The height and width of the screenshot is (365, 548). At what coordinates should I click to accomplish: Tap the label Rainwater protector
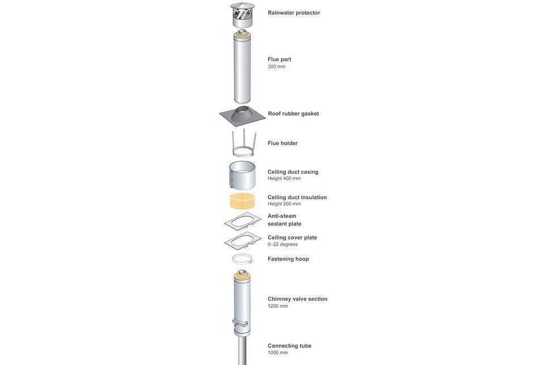click(294, 13)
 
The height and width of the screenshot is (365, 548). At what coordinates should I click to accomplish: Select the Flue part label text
click(279, 59)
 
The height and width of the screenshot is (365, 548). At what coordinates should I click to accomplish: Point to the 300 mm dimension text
click(277, 66)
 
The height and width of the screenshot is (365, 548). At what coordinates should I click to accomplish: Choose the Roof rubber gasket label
click(293, 113)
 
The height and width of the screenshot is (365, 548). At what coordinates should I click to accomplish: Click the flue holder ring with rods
click(244, 152)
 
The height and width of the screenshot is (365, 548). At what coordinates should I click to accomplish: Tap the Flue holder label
click(283, 143)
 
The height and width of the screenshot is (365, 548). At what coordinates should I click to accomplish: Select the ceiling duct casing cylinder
click(242, 175)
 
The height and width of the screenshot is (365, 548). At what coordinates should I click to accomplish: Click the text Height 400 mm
click(284, 179)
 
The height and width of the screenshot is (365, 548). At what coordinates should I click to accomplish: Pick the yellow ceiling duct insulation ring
click(244, 201)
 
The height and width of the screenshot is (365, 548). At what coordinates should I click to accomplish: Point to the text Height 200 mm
click(284, 204)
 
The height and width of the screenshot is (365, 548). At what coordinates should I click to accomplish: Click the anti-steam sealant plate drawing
click(243, 222)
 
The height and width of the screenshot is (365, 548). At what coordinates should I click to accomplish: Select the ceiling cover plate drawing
click(243, 241)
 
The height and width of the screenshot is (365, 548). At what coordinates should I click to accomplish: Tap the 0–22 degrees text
click(283, 244)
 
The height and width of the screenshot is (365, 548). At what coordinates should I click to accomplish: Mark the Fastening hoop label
click(288, 259)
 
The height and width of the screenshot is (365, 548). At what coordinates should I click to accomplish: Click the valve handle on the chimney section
click(240, 323)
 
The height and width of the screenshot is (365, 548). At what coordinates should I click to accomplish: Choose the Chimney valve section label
click(297, 299)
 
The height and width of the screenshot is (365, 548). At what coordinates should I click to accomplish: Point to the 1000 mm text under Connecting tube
click(278, 353)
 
